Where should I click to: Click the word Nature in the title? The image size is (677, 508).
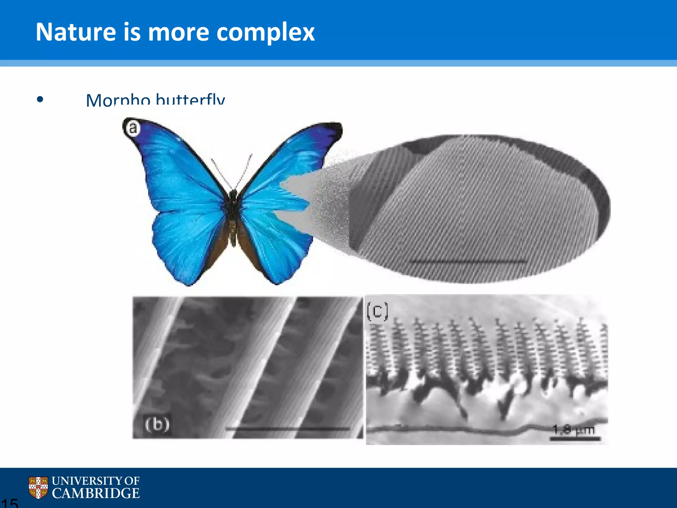click(x=75, y=32)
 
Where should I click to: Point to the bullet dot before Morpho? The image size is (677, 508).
click(x=40, y=99)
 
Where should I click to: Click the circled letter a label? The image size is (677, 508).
click(x=133, y=128)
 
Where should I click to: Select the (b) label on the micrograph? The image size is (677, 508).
click(x=157, y=424)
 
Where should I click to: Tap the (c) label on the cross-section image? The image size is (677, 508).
click(x=377, y=311)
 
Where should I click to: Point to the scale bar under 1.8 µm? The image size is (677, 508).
click(x=575, y=439)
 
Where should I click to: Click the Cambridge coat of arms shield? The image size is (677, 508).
click(x=38, y=487)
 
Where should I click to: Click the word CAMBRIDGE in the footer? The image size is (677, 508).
click(x=96, y=493)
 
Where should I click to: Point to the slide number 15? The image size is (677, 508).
click(x=9, y=503)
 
